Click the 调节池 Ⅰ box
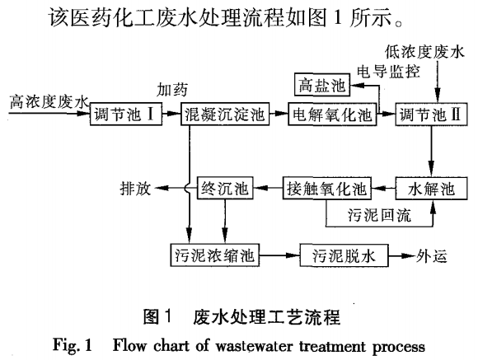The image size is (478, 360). tap(126, 114)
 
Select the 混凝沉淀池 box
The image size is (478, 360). tap(225, 114)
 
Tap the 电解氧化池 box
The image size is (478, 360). tap(332, 114)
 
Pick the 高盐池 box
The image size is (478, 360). tap(322, 84)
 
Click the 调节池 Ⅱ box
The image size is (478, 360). tap(431, 114)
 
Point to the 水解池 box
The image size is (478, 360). tap(431, 189)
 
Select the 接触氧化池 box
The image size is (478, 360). tap(327, 189)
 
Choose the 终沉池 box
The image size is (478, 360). tap(225, 189)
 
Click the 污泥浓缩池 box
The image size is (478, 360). tap(214, 255)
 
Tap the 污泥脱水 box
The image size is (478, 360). tap(344, 255)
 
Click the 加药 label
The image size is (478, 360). tap(172, 90)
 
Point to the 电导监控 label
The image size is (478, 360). tap(388, 72)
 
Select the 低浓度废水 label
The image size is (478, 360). tap(424, 52)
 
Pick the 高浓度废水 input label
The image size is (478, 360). tap(49, 102)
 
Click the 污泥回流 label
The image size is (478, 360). tap(379, 214)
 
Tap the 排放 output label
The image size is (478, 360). tap(135, 189)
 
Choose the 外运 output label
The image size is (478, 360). tap(432, 255)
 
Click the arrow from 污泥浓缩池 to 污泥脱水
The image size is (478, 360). tap(279, 255)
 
